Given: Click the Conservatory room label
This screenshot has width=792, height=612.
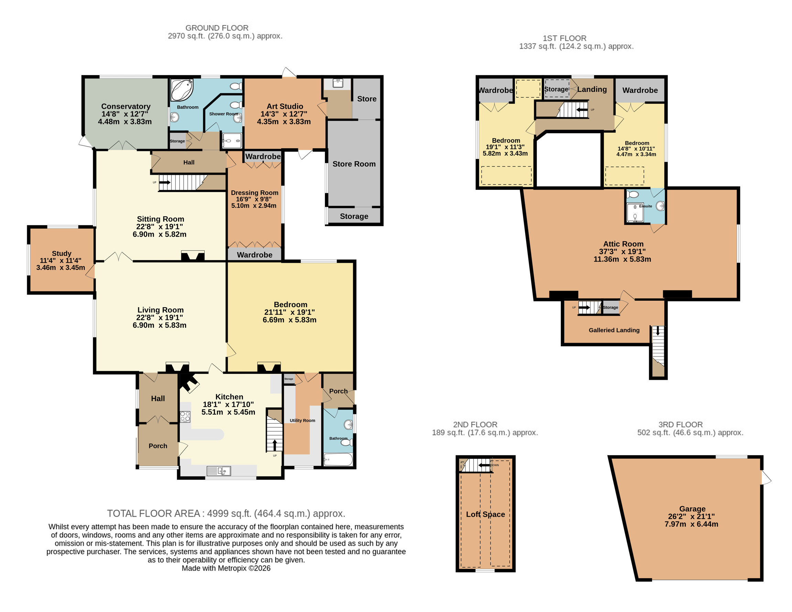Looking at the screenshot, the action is pyautogui.click(x=126, y=106).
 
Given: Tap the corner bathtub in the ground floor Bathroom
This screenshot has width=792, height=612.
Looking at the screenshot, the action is pyautogui.click(x=182, y=90).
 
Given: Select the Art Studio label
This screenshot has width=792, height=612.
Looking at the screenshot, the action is pyautogui.click(x=285, y=106).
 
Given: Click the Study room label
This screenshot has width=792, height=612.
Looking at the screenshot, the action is pyautogui.click(x=62, y=253).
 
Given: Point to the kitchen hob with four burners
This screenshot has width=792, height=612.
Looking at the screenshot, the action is pyautogui.click(x=185, y=417).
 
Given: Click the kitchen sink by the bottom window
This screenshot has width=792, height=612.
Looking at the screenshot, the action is pyautogui.click(x=219, y=471).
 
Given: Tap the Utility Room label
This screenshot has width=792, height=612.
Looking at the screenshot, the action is pyautogui.click(x=302, y=420).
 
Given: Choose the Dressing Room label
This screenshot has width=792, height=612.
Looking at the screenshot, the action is pyautogui.click(x=254, y=193).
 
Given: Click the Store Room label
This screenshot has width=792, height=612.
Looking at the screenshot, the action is pyautogui.click(x=354, y=164).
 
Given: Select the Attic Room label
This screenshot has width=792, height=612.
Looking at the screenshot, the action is pyautogui.click(x=623, y=244).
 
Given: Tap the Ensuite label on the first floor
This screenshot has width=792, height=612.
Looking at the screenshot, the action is pyautogui.click(x=645, y=206).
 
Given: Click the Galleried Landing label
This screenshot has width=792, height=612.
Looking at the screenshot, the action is pyautogui.click(x=614, y=330).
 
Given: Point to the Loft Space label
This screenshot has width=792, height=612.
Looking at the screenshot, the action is pyautogui.click(x=485, y=514).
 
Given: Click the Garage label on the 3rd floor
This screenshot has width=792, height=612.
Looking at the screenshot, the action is pyautogui.click(x=692, y=508).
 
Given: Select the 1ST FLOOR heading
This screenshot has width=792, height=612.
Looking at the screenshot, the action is pyautogui.click(x=564, y=38).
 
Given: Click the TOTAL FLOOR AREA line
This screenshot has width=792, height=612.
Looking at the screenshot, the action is pyautogui.click(x=226, y=513).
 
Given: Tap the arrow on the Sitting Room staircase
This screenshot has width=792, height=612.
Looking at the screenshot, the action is pyautogui.click(x=165, y=182).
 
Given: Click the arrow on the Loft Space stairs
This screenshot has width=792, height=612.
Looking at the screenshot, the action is pyautogui.click(x=484, y=465).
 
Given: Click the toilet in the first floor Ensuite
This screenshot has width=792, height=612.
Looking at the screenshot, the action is pyautogui.click(x=632, y=194).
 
